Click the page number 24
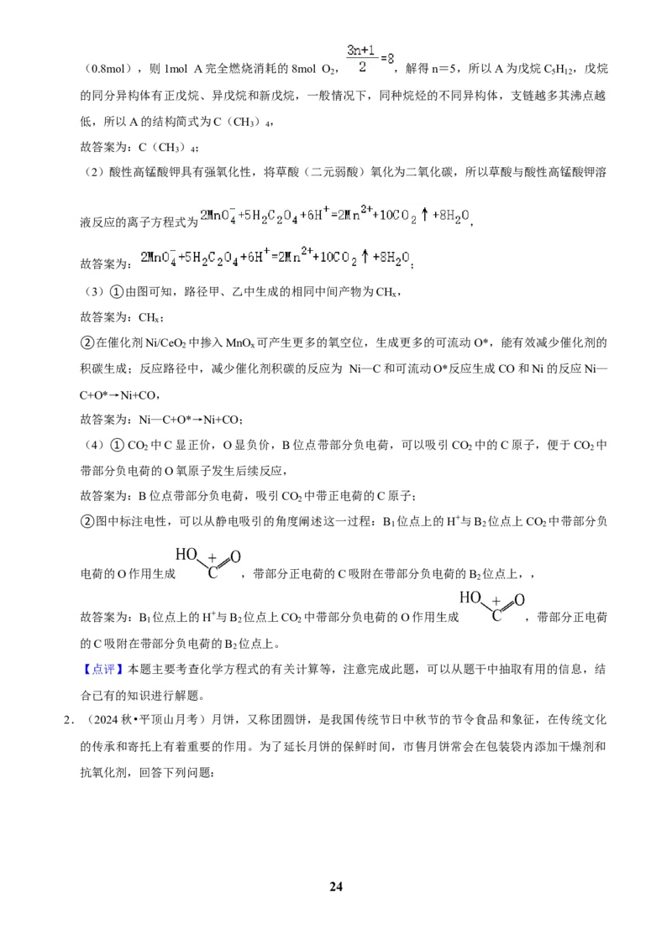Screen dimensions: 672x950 pos(336,886)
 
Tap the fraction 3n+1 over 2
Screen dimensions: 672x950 pos(362,58)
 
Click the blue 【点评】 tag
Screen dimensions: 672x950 pos(99,670)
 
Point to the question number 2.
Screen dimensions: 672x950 pos(69,720)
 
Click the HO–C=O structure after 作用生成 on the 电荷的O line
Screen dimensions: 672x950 pos(208,563)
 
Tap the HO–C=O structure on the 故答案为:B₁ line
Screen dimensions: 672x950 pos(492,607)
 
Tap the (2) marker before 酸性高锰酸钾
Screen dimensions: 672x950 pos(94,172)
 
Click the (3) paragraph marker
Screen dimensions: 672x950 pos(94,292)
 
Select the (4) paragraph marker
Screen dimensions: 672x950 pos(94,446)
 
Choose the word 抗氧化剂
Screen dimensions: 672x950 pos(103,772)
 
